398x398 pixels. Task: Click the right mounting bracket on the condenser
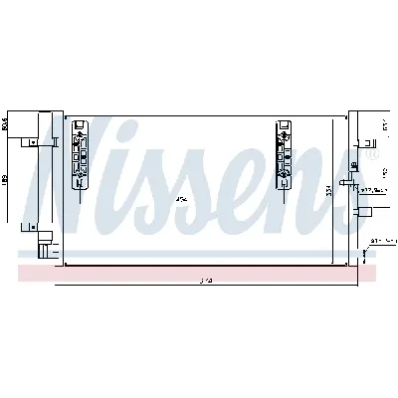[284, 155]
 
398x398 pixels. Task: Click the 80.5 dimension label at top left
[6, 124]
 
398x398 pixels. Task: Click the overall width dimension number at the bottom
[204, 281]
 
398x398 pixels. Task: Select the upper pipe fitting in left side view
[42, 142]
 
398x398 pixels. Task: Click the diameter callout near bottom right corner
[382, 240]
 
